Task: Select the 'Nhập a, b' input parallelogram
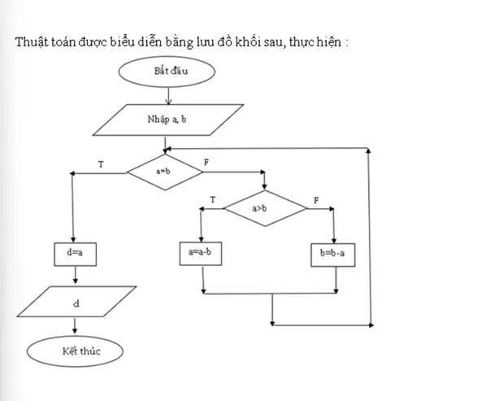[x=168, y=120]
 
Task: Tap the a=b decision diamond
[x=165, y=172]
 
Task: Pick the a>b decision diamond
[x=265, y=208]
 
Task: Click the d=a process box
[x=76, y=255]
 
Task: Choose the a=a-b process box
[x=201, y=254]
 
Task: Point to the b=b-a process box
[x=333, y=255]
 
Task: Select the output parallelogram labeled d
[x=76, y=302]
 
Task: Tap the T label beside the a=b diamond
[x=101, y=164]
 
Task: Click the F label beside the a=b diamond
[x=206, y=163]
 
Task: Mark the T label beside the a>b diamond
[x=213, y=199]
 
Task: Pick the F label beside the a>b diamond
[x=316, y=200]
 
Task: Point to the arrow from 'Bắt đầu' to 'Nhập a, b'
[x=168, y=96]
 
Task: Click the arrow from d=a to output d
[x=75, y=275]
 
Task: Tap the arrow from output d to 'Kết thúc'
[x=75, y=325]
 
